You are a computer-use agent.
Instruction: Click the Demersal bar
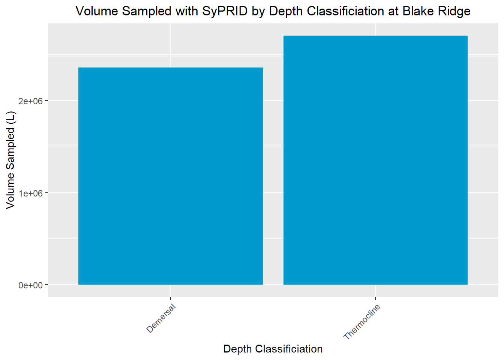(x=171, y=176)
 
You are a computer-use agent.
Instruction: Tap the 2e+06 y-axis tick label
(x=31, y=101)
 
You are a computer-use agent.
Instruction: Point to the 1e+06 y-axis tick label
(x=31, y=193)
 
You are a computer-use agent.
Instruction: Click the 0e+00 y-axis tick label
(x=31, y=285)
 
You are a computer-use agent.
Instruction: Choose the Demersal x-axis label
(x=161, y=319)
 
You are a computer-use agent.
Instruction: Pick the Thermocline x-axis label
(x=362, y=322)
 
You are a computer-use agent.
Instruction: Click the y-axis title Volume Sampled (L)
(x=10, y=160)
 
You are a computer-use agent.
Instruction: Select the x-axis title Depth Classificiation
(x=273, y=349)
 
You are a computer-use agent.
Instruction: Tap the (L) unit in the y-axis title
(x=10, y=117)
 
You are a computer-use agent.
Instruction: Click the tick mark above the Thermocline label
(x=375, y=298)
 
